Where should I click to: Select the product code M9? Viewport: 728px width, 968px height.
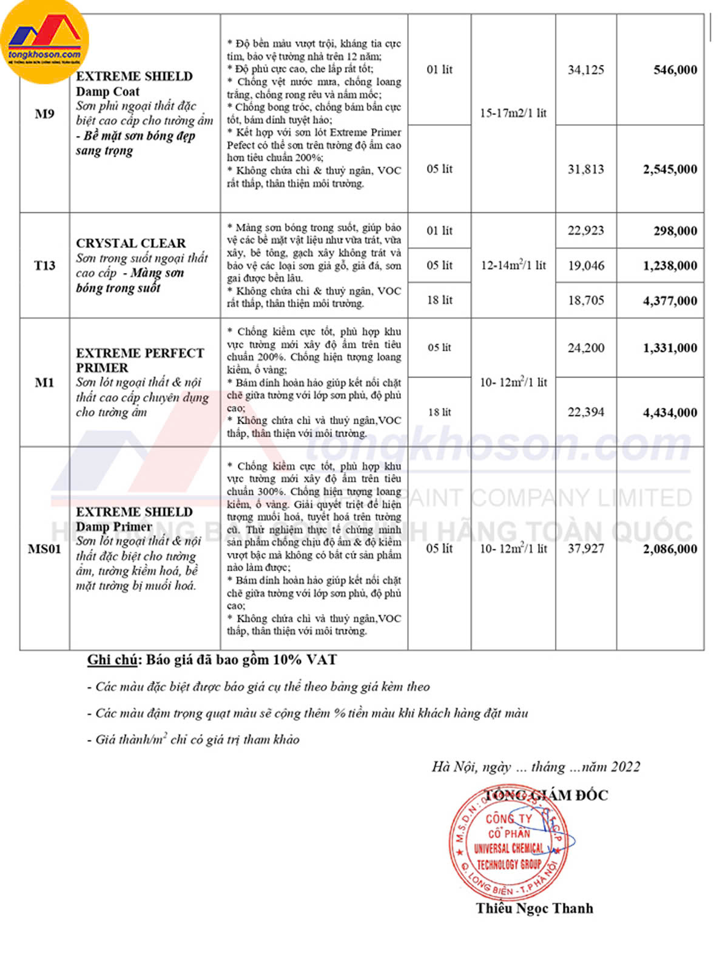(x=44, y=113)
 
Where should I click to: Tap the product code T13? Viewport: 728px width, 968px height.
(x=44, y=265)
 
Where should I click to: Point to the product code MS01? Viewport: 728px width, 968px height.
(x=44, y=549)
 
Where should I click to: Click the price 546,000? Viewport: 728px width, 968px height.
(x=675, y=70)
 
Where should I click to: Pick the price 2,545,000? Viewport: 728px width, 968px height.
(x=670, y=169)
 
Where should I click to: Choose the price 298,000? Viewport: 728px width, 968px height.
(x=675, y=231)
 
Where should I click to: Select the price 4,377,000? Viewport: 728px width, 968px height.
(x=670, y=300)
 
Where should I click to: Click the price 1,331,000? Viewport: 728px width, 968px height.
(x=670, y=348)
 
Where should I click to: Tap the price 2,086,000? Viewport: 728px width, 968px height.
(x=670, y=549)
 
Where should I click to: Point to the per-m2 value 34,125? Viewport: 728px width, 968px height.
(x=585, y=70)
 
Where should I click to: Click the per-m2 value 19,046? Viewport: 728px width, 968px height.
(x=585, y=265)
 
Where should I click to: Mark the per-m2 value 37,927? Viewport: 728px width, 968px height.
(x=585, y=549)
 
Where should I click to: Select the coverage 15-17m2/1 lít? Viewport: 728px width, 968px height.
(x=513, y=113)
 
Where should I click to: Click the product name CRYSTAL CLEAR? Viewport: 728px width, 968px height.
(x=130, y=243)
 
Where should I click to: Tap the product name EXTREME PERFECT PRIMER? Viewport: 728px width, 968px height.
(x=140, y=360)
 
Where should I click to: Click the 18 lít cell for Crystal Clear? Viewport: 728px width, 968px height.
(x=439, y=300)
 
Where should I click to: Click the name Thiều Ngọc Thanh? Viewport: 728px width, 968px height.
(x=534, y=908)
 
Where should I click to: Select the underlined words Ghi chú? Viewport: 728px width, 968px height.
(x=112, y=660)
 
